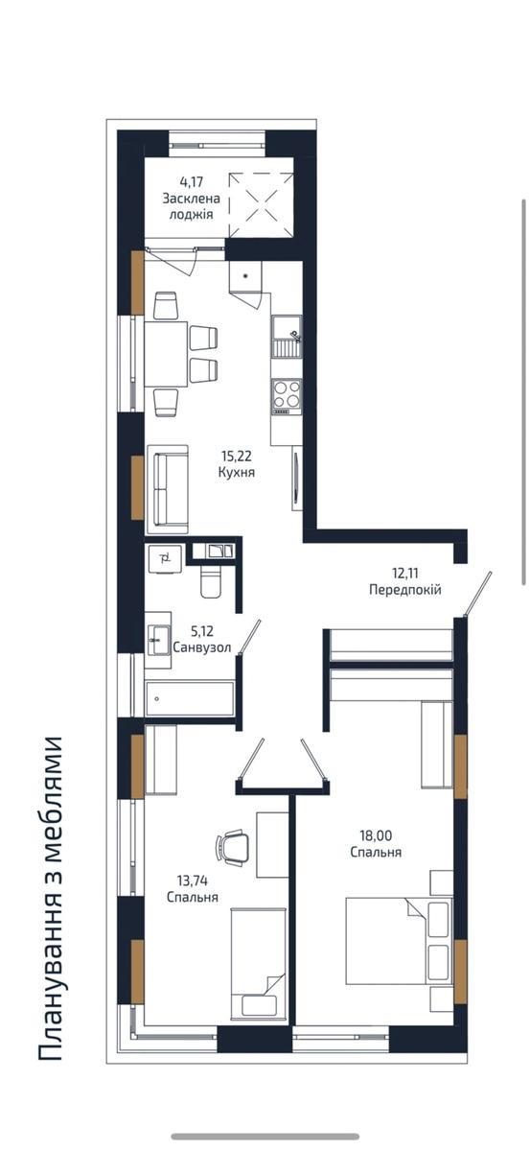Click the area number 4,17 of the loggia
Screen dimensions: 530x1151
click(x=192, y=181)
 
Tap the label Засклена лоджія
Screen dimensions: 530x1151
click(x=191, y=205)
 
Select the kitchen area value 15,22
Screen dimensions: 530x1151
click(x=236, y=456)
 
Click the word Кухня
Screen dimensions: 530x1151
click(x=236, y=472)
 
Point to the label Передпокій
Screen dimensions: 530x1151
click(x=405, y=589)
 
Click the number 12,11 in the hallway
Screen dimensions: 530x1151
click(x=405, y=573)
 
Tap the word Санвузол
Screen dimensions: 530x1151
click(x=202, y=646)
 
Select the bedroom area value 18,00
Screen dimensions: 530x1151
click(x=376, y=835)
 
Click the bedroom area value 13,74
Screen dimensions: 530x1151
click(x=192, y=881)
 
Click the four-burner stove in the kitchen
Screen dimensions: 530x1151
click(x=287, y=396)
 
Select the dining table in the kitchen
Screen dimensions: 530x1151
click(x=166, y=354)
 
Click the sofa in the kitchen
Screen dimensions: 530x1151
click(x=168, y=489)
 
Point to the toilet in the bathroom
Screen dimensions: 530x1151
click(x=211, y=581)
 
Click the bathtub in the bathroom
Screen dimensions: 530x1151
click(x=190, y=698)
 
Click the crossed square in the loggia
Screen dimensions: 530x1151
click(x=261, y=205)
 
